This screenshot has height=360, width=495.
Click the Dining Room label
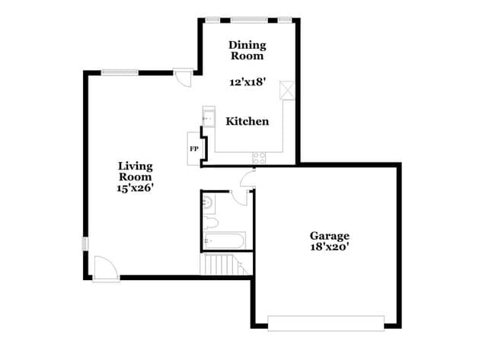(x=247, y=50)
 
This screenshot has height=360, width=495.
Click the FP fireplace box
(x=193, y=148)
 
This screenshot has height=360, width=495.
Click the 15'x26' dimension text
(x=136, y=187)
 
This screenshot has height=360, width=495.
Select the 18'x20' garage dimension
(x=329, y=247)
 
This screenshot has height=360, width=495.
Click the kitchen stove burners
(x=260, y=158)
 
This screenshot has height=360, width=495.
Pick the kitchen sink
(x=208, y=118)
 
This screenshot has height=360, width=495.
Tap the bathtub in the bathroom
(x=224, y=242)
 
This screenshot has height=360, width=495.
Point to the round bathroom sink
(x=209, y=202)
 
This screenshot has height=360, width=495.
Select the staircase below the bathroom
(x=221, y=265)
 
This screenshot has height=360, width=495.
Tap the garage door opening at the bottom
(x=326, y=325)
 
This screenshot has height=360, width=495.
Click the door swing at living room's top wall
(x=184, y=79)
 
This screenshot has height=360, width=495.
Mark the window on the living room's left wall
(x=85, y=244)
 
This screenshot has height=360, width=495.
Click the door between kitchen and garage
(x=245, y=180)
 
